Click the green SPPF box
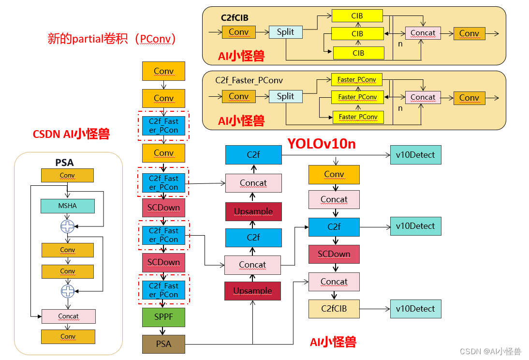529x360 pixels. (x=163, y=317)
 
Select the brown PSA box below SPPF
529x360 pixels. (x=163, y=344)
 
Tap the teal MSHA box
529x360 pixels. (x=68, y=206)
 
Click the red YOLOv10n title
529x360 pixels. (x=322, y=144)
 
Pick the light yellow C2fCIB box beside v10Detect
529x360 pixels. (x=334, y=309)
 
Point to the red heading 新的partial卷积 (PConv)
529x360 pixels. (x=112, y=39)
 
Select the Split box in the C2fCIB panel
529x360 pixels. (x=285, y=32)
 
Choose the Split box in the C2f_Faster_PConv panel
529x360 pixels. (x=285, y=96)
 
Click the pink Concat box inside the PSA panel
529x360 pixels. (x=68, y=316)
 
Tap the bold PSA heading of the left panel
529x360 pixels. (x=65, y=163)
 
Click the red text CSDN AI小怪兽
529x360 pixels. (x=71, y=134)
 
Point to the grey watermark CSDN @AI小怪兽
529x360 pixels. (x=490, y=351)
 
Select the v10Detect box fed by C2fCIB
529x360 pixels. (x=415, y=309)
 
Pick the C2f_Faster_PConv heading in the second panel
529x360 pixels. (x=249, y=80)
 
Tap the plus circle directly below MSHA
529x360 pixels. (x=68, y=226)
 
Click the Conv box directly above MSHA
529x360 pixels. (x=67, y=175)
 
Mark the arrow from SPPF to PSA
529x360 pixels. (x=163, y=330)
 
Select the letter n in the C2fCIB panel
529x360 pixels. (x=400, y=44)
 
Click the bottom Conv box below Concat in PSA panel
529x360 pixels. (x=68, y=336)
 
